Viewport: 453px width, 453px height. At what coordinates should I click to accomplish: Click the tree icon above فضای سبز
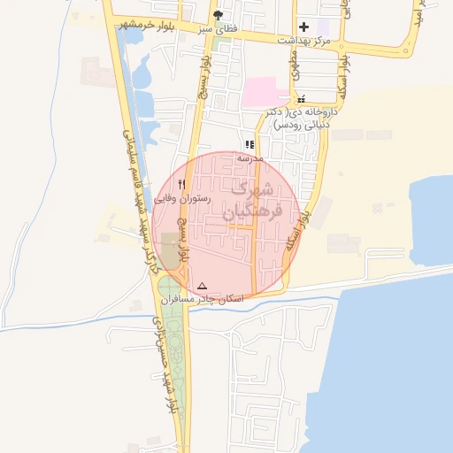point(219,15)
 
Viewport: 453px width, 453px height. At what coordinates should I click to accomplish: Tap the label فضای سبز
point(219,28)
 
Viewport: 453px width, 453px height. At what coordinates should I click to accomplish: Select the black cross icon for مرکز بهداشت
point(303,27)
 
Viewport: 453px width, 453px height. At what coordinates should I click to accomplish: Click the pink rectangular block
point(265,92)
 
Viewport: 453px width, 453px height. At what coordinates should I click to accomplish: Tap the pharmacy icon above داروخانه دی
point(303,100)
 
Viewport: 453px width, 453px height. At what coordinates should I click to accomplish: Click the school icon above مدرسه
point(250,144)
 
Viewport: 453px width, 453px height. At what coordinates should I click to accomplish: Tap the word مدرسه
point(250,157)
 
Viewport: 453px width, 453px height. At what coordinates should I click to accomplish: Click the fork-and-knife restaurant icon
point(182,184)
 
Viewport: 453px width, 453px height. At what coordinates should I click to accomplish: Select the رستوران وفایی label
point(182,199)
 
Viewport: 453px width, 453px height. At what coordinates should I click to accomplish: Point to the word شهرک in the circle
point(251,189)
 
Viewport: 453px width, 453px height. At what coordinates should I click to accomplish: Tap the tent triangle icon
point(203,286)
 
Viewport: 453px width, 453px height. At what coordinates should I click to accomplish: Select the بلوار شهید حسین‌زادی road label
point(163,354)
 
